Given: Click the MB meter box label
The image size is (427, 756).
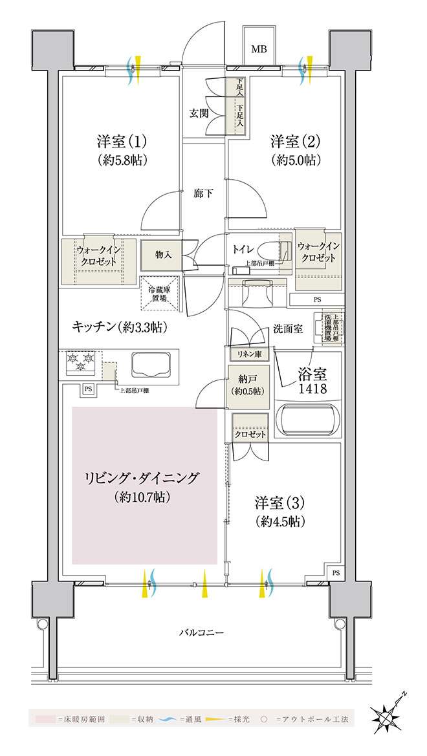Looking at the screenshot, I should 259,50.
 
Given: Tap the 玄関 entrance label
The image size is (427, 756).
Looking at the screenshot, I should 198,114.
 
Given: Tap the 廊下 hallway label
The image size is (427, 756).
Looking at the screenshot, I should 203,193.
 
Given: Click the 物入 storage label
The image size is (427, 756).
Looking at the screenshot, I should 163,255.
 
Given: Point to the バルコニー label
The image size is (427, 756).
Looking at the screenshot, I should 201,632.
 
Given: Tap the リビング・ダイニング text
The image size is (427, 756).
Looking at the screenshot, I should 144,479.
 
